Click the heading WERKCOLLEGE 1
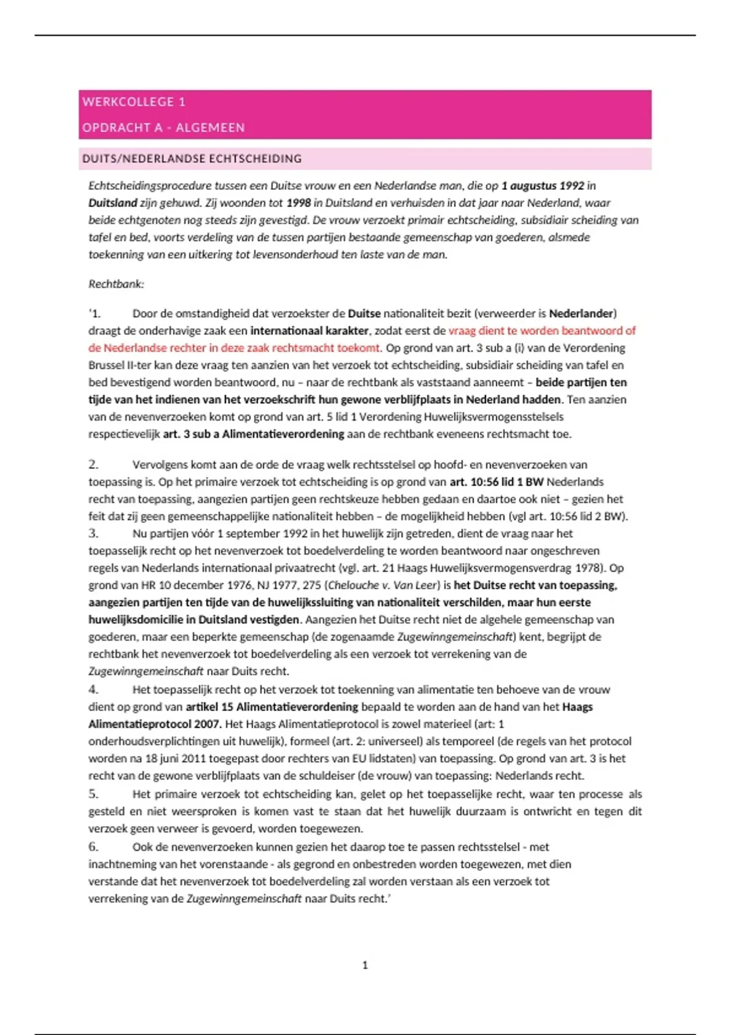point(134,102)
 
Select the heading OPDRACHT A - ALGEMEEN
point(163,128)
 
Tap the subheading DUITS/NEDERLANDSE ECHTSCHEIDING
point(192,159)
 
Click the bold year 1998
point(298,203)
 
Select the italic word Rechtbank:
point(116,284)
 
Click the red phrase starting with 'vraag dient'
point(542,331)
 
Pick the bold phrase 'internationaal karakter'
point(309,331)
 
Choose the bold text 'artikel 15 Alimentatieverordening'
point(272,707)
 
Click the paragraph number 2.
point(93,465)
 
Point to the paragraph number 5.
point(93,794)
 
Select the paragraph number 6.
point(93,847)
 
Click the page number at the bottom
point(365,965)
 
